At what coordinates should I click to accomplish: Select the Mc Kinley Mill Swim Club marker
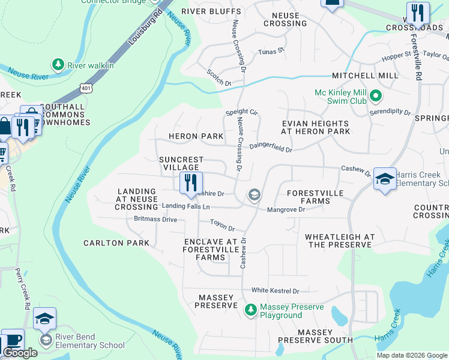(x=376, y=95)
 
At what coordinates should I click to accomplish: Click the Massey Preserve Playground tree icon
(x=251, y=310)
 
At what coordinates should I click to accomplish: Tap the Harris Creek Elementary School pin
(x=385, y=179)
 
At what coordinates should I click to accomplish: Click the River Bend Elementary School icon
(x=46, y=340)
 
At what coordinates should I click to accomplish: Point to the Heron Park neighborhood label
(x=196, y=137)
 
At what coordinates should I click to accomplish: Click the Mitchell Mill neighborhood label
(x=365, y=76)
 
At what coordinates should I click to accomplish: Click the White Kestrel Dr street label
(x=275, y=291)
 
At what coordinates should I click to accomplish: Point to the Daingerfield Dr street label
(x=271, y=146)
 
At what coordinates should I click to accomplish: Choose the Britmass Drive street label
(x=155, y=220)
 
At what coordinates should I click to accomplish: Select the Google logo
(x=20, y=353)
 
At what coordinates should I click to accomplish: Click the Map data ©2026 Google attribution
(x=412, y=355)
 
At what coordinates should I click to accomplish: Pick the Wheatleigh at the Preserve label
(x=340, y=241)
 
